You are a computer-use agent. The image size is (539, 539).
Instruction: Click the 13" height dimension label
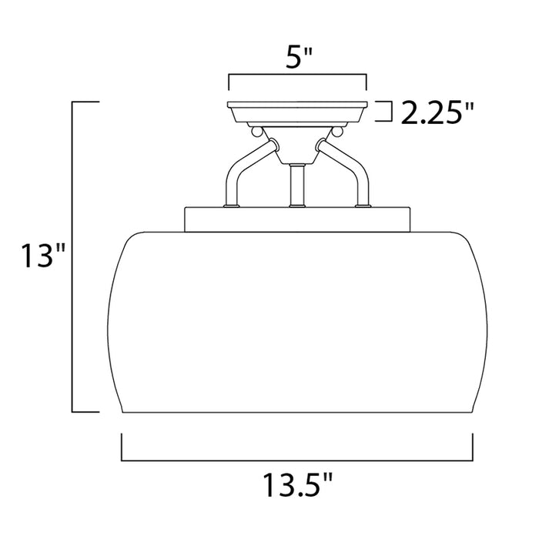tap(36, 256)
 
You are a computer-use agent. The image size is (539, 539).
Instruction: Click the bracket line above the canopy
tap(296, 77)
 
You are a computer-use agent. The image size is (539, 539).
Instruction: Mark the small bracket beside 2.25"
tap(382, 112)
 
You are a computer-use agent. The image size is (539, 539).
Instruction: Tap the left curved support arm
tap(242, 169)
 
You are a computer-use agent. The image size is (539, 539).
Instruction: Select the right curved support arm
tap(351, 169)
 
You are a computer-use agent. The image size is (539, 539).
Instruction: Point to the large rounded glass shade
tap(296, 323)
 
